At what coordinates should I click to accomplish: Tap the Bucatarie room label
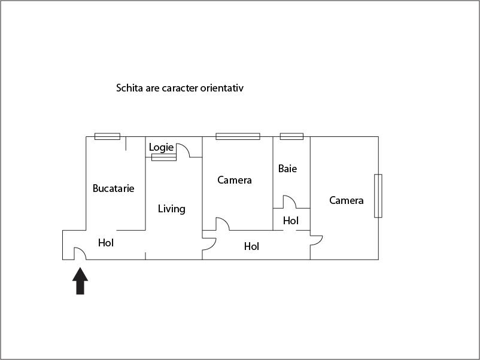click(x=113, y=188)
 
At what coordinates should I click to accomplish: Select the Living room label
click(x=171, y=209)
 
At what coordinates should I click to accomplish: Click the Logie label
click(x=161, y=147)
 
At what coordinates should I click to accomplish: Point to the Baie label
click(x=287, y=169)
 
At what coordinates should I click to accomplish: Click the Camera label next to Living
click(x=234, y=180)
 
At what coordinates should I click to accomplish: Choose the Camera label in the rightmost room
click(x=347, y=200)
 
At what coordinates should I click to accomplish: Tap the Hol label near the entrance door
click(x=106, y=243)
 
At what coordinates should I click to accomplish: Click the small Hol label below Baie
click(x=291, y=221)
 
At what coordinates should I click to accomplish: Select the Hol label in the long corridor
click(x=251, y=246)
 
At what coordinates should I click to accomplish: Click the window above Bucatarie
click(x=107, y=136)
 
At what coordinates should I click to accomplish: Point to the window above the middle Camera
click(x=238, y=136)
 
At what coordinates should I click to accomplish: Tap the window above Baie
click(x=291, y=136)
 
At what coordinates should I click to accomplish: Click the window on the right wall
click(x=378, y=196)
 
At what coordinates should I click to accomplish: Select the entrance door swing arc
click(x=80, y=254)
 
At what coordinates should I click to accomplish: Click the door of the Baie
click(x=289, y=202)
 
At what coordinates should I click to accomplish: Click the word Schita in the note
click(x=129, y=88)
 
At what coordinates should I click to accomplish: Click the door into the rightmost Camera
click(x=316, y=240)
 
